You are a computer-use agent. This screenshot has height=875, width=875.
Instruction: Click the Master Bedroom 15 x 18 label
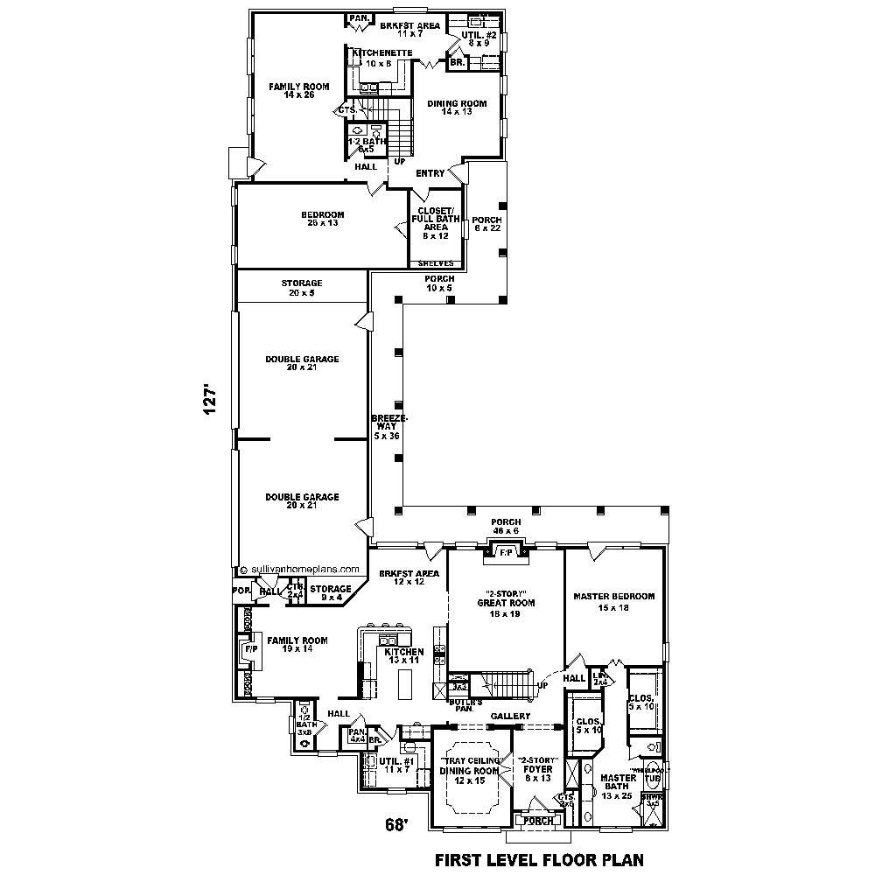coord(613,601)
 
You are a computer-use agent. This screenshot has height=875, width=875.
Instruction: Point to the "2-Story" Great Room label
coord(506,602)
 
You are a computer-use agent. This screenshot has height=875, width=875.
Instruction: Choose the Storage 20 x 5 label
coord(302,288)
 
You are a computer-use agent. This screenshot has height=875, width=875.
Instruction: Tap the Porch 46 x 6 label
coord(505,527)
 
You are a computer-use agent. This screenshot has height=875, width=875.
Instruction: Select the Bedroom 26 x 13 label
coord(323,219)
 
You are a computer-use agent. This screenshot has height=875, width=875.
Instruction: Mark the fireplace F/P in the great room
coord(506,552)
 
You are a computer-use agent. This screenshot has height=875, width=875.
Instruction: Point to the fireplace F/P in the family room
coord(249,650)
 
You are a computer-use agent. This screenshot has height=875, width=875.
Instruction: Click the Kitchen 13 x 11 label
coord(403,655)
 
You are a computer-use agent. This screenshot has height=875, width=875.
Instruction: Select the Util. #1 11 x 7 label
coord(395,764)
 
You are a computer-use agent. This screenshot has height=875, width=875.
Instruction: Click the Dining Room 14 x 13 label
coord(457,108)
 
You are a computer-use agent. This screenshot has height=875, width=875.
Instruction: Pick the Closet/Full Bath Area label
coord(435,222)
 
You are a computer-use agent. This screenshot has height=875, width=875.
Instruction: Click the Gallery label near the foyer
coord(510,716)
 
